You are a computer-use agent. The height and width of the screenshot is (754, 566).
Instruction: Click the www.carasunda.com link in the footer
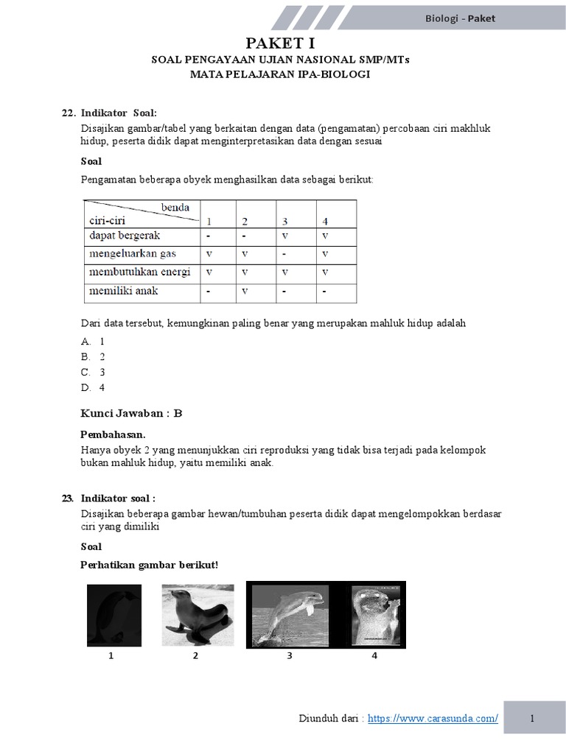433,719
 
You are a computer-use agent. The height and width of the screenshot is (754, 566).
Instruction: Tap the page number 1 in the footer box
531,719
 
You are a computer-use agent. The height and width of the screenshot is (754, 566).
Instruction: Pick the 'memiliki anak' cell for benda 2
245,291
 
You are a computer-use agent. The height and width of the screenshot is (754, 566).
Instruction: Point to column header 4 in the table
325,221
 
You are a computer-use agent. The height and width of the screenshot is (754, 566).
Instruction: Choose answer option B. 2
94,356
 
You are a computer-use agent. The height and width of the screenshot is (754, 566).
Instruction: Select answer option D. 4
94,387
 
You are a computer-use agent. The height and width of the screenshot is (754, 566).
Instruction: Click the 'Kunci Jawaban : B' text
130,413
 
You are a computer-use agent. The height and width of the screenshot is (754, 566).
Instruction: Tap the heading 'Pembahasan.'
112,434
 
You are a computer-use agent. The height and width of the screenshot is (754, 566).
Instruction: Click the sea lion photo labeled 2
198,610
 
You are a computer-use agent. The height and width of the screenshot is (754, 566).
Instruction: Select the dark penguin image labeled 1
113,611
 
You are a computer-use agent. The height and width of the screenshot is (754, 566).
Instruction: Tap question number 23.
69,498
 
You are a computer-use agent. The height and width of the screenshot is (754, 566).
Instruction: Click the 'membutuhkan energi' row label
139,272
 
